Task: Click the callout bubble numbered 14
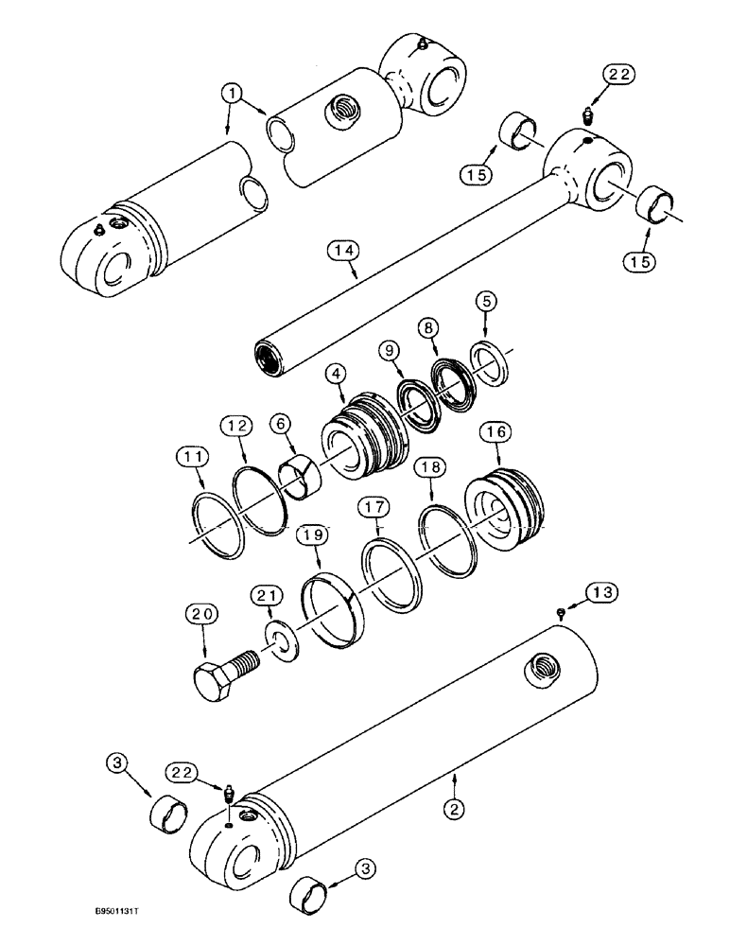tap(345, 251)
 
